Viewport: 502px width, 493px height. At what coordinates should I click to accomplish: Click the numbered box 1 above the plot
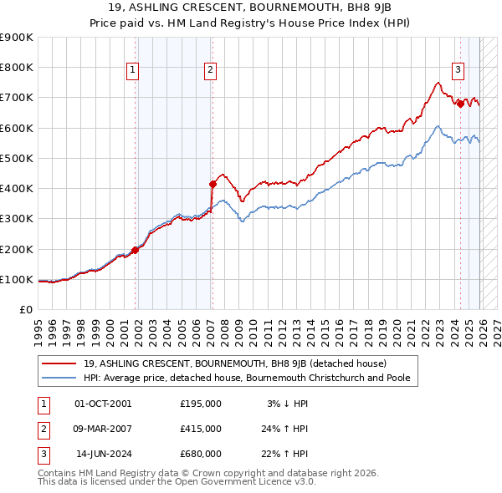click(133, 71)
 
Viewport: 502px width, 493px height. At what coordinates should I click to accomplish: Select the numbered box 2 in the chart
click(210, 71)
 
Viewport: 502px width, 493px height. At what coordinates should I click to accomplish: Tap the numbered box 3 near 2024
click(458, 71)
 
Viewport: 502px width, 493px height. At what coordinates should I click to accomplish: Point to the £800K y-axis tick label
click(17, 68)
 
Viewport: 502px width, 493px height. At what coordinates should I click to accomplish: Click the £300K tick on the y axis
click(17, 219)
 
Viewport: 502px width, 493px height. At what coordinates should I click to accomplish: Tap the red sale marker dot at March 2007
click(213, 184)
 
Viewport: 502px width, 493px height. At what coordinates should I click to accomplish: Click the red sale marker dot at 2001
click(136, 250)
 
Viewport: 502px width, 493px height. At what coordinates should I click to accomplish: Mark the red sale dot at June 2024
click(460, 104)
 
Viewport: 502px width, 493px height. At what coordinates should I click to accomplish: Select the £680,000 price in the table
click(201, 454)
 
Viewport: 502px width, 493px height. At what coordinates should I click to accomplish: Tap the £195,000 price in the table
click(201, 404)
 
